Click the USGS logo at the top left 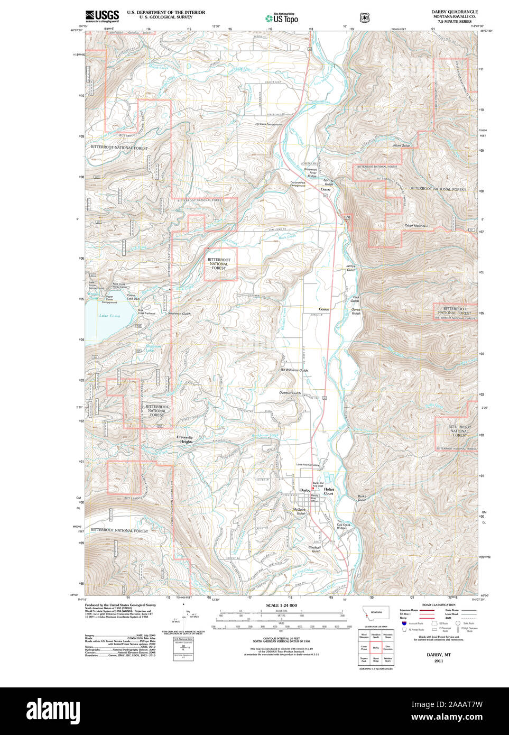pos(102,16)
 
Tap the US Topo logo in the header pos(282,18)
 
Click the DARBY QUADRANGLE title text pos(454,12)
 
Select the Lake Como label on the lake pos(110,316)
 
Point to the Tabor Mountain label pos(417,226)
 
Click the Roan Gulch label pos(401,145)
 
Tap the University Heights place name pos(184,439)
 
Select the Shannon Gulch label pos(179,314)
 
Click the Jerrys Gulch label pos(351,268)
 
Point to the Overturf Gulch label pos(290,393)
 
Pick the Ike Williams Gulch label pos(294,370)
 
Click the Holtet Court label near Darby pos(329,491)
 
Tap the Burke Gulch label pos(362,498)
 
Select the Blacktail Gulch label pos(315,549)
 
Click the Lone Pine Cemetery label pos(308,465)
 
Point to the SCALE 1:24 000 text pos(281,605)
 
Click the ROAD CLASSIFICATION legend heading pos(439,605)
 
